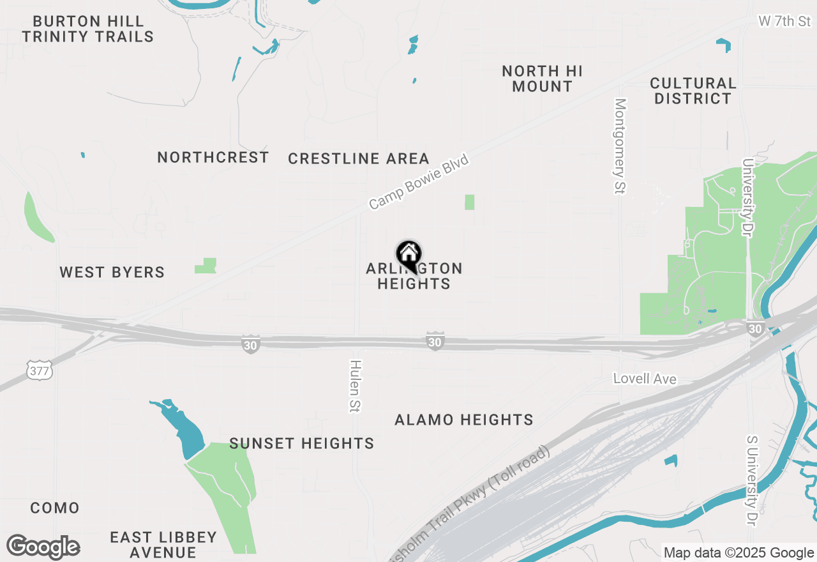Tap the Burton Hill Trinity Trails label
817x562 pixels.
(87, 29)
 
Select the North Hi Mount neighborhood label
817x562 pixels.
(542, 79)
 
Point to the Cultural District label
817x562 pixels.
(693, 91)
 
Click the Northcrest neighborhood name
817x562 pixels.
(213, 157)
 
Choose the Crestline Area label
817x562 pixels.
(358, 158)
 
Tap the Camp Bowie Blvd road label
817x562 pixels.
(419, 181)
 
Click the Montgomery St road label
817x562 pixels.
(620, 146)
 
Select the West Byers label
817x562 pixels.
(112, 272)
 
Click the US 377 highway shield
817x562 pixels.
(40, 370)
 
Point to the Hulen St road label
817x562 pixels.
(355, 386)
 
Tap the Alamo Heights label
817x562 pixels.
(464, 420)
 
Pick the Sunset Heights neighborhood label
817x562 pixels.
(301, 443)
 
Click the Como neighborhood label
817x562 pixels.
(55, 508)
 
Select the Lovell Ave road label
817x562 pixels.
(645, 379)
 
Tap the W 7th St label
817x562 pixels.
(784, 21)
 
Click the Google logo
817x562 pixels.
(43, 547)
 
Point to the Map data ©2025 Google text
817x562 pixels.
(738, 553)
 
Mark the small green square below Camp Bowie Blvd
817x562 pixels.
(470, 202)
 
